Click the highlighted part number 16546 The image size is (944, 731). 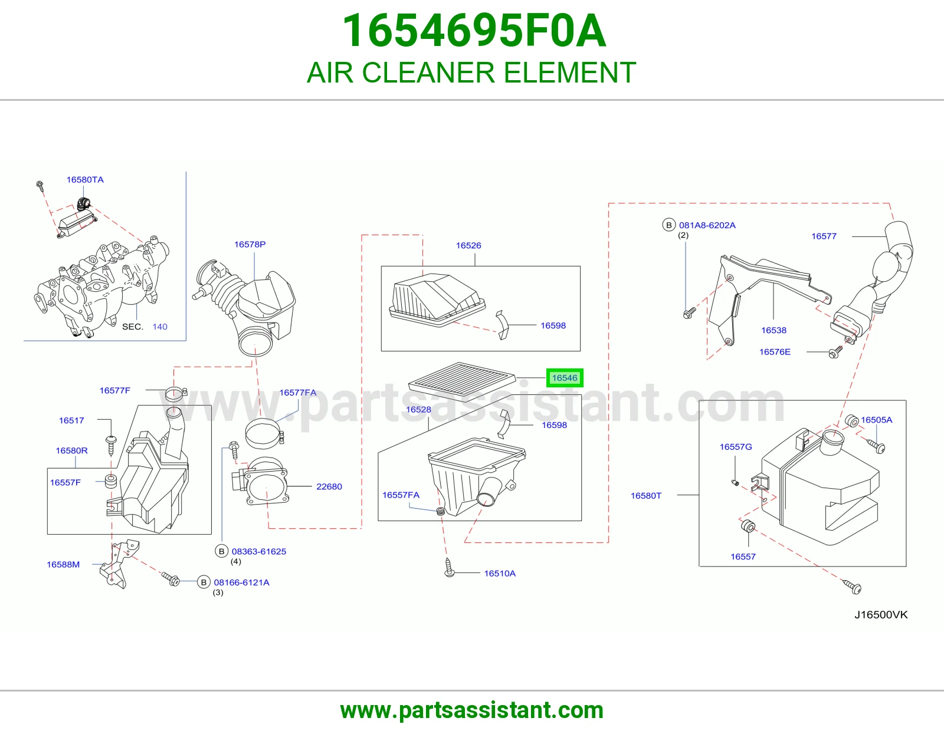coord(564,378)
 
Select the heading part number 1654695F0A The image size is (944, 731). coord(474,31)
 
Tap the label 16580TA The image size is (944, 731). coord(85,180)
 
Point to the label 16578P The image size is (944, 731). coord(250,245)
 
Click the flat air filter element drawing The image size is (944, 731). coord(462,381)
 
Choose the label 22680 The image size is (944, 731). coord(329,486)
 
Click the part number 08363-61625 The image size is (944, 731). coord(259,551)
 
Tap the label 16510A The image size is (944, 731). coord(500,574)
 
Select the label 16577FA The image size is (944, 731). coord(297,393)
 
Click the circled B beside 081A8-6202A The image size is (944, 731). coord(668,225)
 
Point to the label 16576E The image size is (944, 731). coord(775,351)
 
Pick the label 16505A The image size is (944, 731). coord(876,420)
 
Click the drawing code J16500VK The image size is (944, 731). coord(881,615)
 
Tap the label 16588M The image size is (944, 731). coord(64,564)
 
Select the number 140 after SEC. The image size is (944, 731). coord(160,327)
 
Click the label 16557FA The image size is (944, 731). coord(401,495)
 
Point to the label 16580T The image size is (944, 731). coord(646,496)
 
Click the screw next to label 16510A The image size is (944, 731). coord(449,568)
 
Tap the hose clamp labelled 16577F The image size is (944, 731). coord(175,393)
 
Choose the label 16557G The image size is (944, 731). coord(736,447)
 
